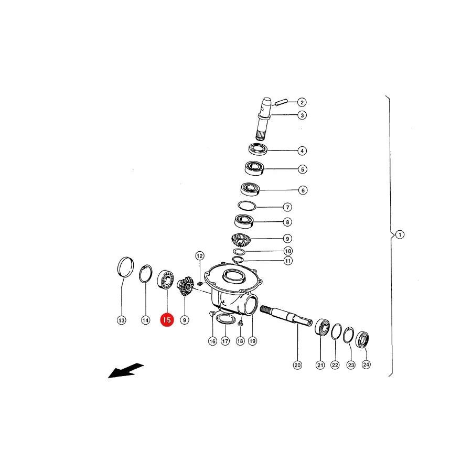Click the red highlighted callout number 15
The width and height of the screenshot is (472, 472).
[x=167, y=320]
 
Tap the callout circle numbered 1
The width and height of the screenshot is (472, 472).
[x=400, y=234]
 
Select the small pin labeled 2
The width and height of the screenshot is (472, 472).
[x=282, y=102]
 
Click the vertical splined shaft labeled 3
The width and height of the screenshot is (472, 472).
[x=264, y=119]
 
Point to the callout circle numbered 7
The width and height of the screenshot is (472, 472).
[x=288, y=207]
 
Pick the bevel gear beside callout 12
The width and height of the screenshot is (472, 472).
[x=185, y=286]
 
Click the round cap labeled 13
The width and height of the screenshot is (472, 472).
[x=125, y=267]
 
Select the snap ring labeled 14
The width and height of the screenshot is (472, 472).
[x=146, y=274]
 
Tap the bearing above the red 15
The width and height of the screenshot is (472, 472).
[x=166, y=280]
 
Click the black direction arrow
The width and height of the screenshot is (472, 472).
[x=126, y=370]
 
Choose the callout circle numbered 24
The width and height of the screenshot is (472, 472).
[x=366, y=364]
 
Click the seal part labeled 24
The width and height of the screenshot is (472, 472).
[x=362, y=339]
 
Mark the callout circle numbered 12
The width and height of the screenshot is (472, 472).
[x=200, y=256]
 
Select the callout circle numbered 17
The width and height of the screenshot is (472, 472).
[x=225, y=341]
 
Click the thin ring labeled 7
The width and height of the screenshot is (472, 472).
[x=247, y=206]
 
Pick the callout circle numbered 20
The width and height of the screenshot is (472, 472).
[x=297, y=365]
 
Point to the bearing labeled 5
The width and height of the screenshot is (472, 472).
[x=254, y=168]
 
